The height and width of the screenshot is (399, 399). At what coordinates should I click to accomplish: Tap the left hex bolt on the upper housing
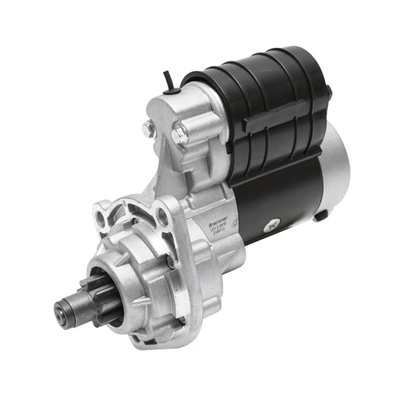coord(149,130)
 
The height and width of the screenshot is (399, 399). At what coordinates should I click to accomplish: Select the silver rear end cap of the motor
coord(335,168)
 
